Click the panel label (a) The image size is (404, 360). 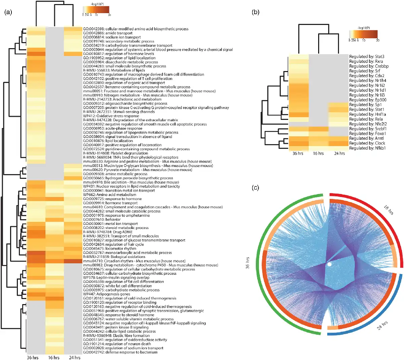pyautogui.click(x=8, y=12)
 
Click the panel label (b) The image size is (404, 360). pyautogui.click(x=256, y=12)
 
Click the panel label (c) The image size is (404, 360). pyautogui.click(x=256, y=188)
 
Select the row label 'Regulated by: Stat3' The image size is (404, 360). pyautogui.click(x=367, y=57)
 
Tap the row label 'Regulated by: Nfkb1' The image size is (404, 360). pyautogui.click(x=367, y=148)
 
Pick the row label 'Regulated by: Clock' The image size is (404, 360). pyautogui.click(x=367, y=143)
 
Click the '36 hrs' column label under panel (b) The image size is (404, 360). pyautogui.click(x=298, y=154)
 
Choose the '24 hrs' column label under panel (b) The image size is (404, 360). pyautogui.click(x=339, y=154)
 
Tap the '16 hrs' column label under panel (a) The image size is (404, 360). pyautogui.click(x=54, y=358)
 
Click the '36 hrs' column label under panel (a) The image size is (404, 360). pyautogui.click(x=33, y=358)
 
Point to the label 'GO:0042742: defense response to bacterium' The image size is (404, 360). pyautogui.click(x=120, y=352)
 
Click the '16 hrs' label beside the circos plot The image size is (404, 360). pyautogui.click(x=389, y=210)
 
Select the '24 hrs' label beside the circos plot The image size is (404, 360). pyautogui.click(x=383, y=326)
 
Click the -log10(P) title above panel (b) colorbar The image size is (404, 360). pyautogui.click(x=363, y=28)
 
